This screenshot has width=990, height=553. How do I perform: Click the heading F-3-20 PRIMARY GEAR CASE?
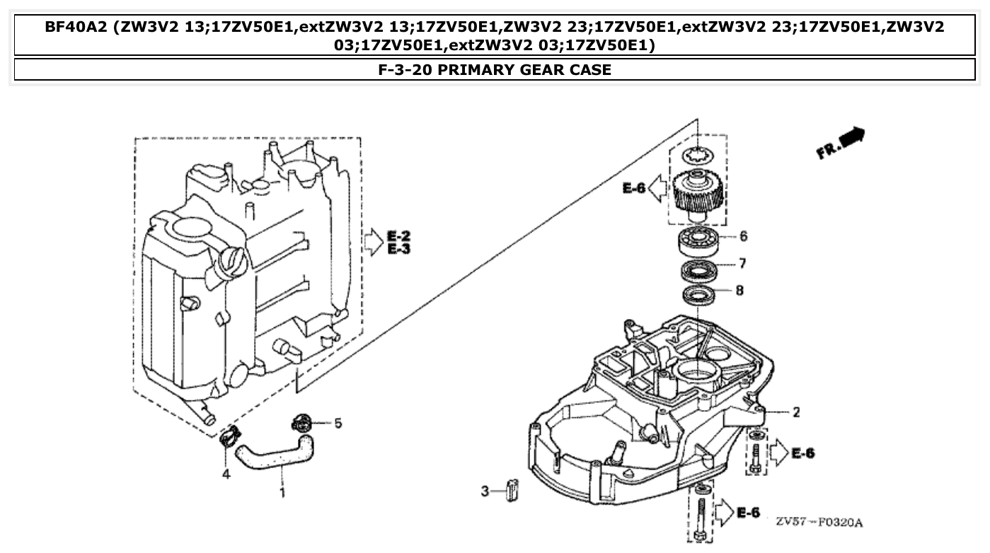(x=495, y=70)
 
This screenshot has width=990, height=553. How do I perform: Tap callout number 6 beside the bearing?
(x=743, y=236)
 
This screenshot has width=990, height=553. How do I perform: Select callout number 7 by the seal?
(x=742, y=264)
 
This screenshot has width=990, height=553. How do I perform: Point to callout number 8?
(x=739, y=290)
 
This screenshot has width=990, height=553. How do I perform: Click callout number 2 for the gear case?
(x=796, y=412)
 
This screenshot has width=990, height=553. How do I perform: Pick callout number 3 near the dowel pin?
(x=485, y=491)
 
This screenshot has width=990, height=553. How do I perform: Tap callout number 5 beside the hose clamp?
(x=338, y=423)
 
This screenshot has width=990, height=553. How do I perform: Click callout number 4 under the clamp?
(x=226, y=475)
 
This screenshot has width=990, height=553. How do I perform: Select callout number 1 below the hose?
(x=282, y=491)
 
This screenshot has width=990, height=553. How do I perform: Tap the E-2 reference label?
(x=399, y=235)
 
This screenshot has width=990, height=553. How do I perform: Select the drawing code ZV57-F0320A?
(x=819, y=523)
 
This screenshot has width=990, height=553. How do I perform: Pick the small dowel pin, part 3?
(x=512, y=489)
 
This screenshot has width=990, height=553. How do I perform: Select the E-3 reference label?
(x=399, y=249)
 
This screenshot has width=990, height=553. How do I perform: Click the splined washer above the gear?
(x=698, y=155)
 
